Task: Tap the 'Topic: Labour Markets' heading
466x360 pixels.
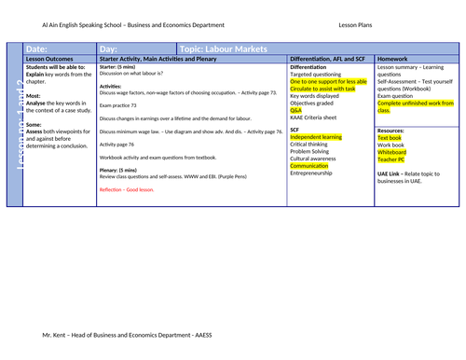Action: click(224, 48)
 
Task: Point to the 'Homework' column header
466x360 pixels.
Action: click(394, 59)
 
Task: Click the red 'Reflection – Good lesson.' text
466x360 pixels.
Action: click(129, 189)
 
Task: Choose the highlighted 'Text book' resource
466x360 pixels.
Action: click(390, 137)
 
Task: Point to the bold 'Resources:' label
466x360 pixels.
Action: click(391, 130)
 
